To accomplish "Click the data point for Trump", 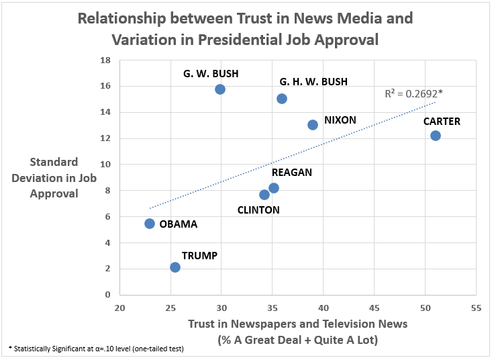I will pos(175,267).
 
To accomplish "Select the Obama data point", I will pos(150,224).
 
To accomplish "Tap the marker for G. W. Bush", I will pos(219,89).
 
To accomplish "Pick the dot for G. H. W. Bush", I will pos(282,99).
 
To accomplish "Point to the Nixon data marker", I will pos(313,125).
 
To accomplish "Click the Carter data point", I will pos(436,136).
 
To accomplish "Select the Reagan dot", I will pos(274,188).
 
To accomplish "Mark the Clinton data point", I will pos(264,195).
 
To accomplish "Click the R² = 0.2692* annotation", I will pos(413,95).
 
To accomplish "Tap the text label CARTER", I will pos(441,122).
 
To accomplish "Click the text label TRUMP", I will pos(199,256).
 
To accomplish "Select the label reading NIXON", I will pos(340,120).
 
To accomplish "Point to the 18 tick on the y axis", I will pos(105,60).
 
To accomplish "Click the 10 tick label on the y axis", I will pos(105,165).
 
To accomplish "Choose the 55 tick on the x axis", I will pos(476,308).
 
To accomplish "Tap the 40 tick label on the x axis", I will pos(323,308).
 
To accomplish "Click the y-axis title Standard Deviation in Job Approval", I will pos(54,178).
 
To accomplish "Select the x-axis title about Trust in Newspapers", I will pos(298,332).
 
